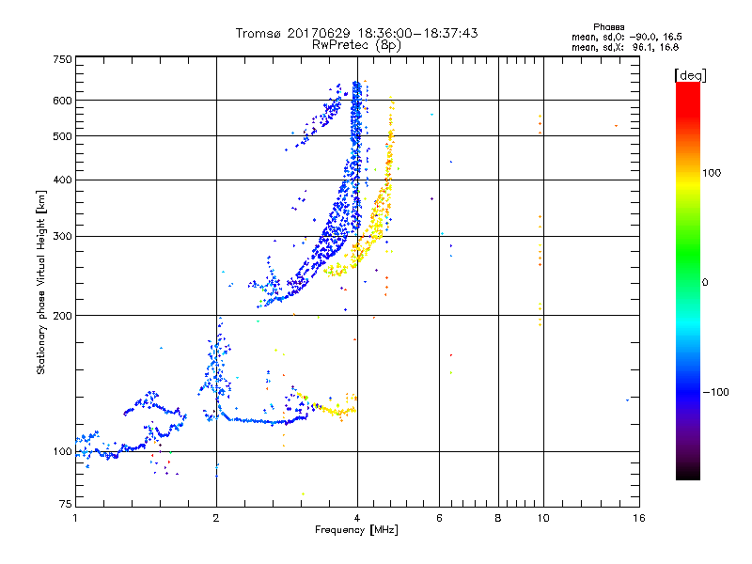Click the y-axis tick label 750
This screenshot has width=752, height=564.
(62, 58)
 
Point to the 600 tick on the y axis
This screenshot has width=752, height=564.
(62, 100)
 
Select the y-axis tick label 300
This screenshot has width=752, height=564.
(62, 236)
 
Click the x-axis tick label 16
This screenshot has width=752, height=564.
(638, 518)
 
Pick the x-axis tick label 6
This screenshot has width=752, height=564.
(440, 518)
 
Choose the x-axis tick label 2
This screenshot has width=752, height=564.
(216, 518)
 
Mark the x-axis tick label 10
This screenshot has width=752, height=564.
(541, 518)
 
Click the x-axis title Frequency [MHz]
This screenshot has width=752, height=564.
(356, 531)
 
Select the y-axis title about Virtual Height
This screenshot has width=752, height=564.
(41, 282)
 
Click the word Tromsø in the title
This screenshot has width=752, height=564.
(258, 33)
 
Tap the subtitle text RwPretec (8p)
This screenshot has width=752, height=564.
(356, 44)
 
